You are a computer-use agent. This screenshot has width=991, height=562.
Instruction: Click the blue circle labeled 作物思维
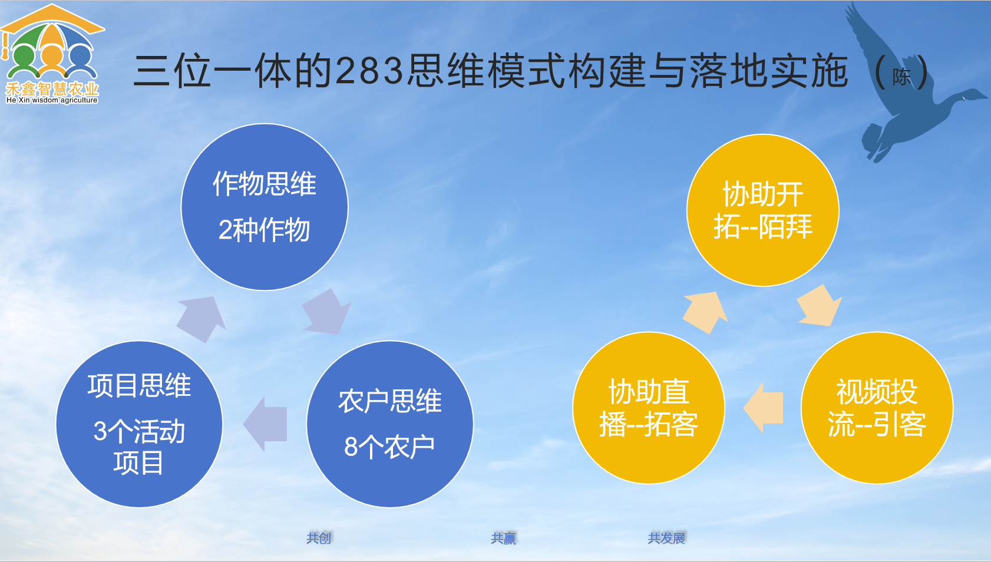click(x=265, y=207)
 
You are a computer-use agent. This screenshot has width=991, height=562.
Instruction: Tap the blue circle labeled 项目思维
click(x=139, y=424)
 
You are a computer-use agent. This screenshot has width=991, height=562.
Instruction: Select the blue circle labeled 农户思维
click(x=389, y=424)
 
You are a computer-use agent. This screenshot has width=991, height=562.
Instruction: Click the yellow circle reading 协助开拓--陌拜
click(x=762, y=210)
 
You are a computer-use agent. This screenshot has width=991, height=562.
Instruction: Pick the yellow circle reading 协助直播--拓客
click(x=648, y=408)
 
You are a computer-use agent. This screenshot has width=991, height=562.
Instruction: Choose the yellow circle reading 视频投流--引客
click(x=877, y=408)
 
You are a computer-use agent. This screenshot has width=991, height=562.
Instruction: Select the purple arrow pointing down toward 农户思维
click(x=326, y=311)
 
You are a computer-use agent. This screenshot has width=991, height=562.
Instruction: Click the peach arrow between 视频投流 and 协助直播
click(x=764, y=408)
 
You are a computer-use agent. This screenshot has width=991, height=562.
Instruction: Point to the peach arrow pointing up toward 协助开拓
click(x=706, y=311)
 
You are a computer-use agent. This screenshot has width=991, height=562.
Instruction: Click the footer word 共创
click(x=319, y=538)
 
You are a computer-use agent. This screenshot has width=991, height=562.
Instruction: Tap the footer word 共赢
click(x=504, y=538)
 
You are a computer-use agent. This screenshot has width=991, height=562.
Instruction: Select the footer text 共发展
click(x=666, y=538)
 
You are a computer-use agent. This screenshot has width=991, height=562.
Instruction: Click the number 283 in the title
click(x=370, y=71)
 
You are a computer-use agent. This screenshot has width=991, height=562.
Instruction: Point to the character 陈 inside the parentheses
click(x=901, y=77)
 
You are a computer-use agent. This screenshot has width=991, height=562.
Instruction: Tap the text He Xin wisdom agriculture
click(x=52, y=100)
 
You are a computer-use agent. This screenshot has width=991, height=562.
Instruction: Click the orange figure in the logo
click(x=52, y=56)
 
